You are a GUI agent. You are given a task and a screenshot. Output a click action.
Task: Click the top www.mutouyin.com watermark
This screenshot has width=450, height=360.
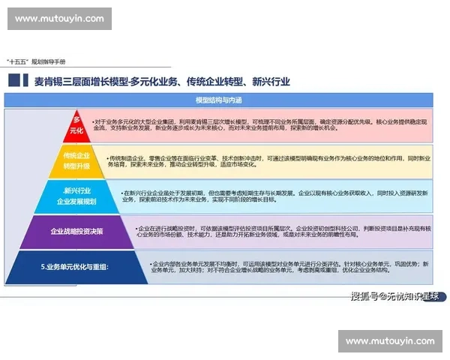59,18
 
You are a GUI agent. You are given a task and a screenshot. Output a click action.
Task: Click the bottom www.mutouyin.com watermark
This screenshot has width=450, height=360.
390,341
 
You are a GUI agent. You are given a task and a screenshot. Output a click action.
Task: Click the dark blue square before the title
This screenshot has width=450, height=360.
13,81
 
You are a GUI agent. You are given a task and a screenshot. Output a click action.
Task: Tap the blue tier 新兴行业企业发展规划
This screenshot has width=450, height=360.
76,196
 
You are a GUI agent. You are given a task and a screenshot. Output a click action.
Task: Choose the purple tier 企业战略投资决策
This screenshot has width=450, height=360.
76,231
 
